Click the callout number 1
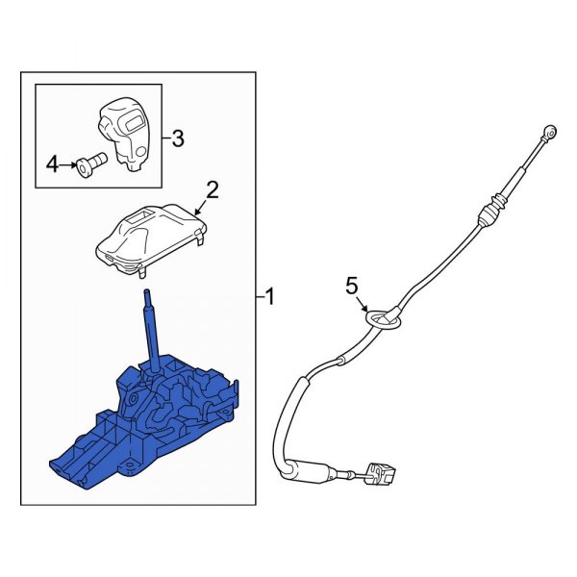(x=270, y=299)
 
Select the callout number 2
(x=213, y=189)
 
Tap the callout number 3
(x=177, y=138)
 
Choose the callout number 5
(x=352, y=285)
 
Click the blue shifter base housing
(x=154, y=418)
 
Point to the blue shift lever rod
(x=150, y=327)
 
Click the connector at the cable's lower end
(x=381, y=475)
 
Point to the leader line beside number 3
(x=164, y=138)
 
